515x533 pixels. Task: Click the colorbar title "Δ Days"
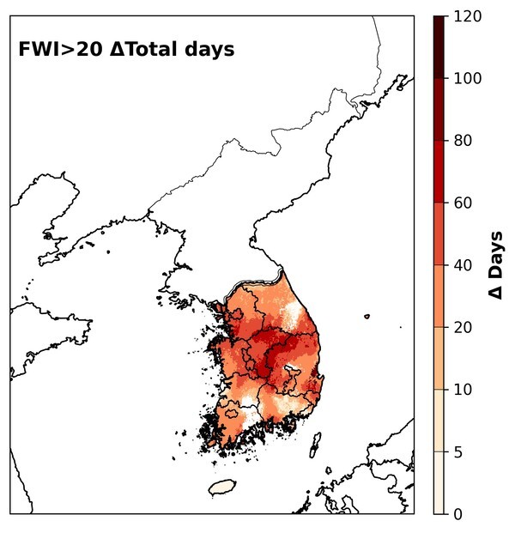pyautogui.click(x=496, y=265)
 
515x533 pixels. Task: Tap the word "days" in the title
pyautogui.click(x=207, y=50)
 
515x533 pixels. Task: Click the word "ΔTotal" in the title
pyautogui.click(x=144, y=50)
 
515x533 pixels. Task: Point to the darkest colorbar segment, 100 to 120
pyautogui.click(x=439, y=47)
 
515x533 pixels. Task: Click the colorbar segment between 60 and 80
pyautogui.click(x=439, y=172)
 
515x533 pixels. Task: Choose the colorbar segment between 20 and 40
pyautogui.click(x=439, y=296)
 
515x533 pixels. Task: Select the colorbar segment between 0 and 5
pyautogui.click(x=439, y=482)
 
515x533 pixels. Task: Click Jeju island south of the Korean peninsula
pyautogui.click(x=223, y=487)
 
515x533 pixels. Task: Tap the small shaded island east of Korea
pyautogui.click(x=367, y=316)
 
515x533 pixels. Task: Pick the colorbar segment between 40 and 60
pyautogui.click(x=439, y=233)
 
